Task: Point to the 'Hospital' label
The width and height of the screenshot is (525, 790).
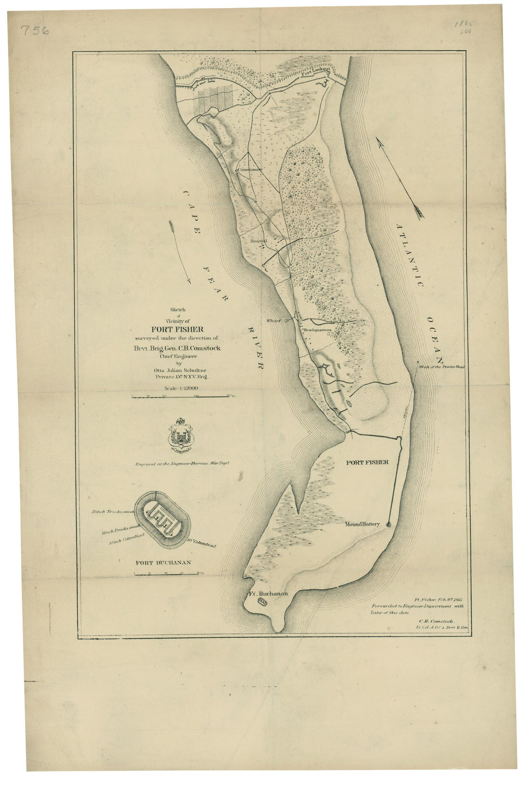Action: tap(259, 242)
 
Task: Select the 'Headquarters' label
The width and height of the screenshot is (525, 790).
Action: tap(316, 330)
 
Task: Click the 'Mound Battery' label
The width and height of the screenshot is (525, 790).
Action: tap(362, 524)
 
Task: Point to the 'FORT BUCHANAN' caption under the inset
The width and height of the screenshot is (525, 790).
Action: tap(163, 562)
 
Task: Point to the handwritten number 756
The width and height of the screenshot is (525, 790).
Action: tap(35, 30)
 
